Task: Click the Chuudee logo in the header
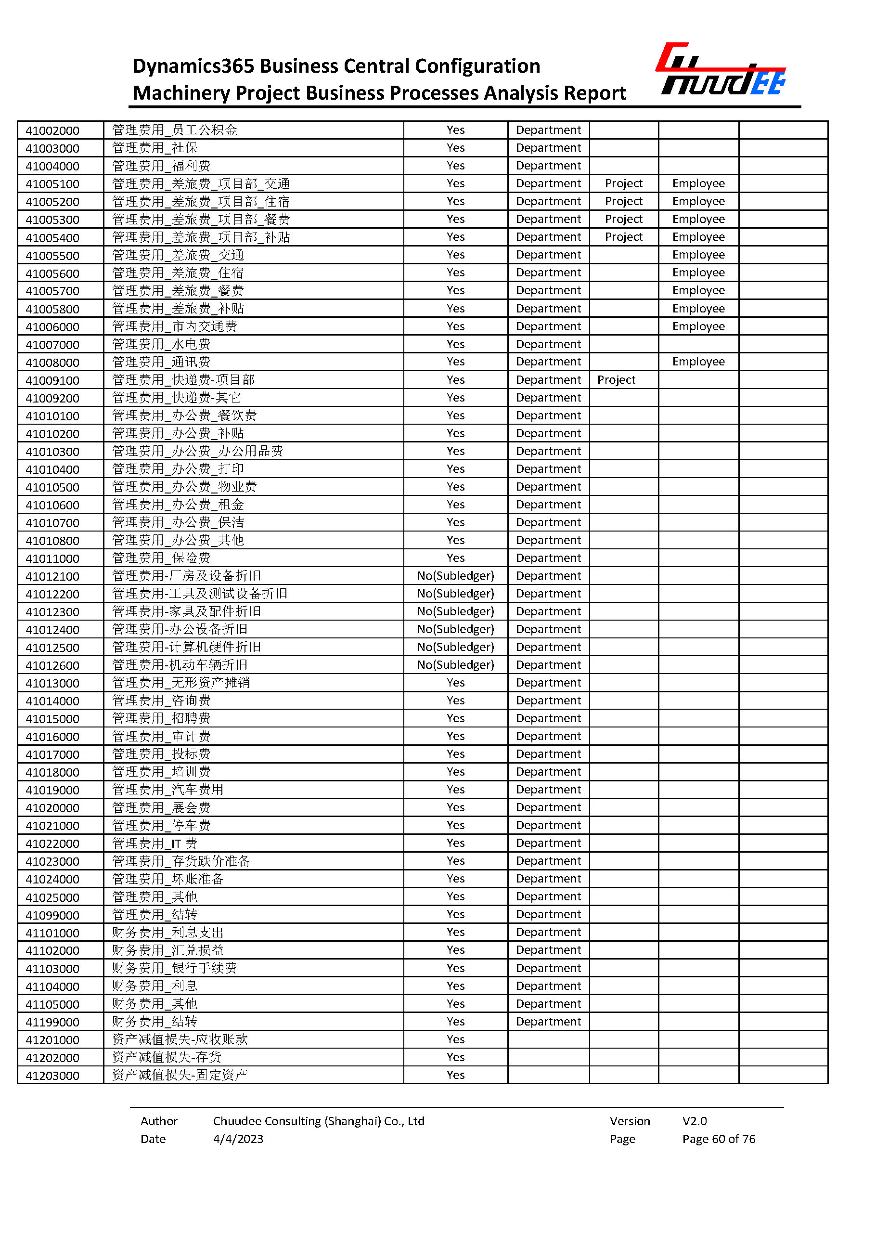point(720,70)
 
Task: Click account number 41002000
point(52,130)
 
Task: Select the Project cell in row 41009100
point(616,380)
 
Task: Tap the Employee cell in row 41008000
point(698,362)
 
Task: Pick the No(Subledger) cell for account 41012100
point(455,576)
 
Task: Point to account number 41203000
point(52,1076)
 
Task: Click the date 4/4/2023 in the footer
point(238,1139)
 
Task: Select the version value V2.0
point(694,1121)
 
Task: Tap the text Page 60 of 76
point(719,1139)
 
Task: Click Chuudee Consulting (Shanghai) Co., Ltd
point(318,1121)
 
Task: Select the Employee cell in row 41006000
point(698,326)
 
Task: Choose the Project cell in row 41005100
point(624,183)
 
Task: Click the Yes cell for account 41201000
point(455,1039)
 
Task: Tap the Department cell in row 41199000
point(548,1022)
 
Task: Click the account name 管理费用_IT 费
point(155,844)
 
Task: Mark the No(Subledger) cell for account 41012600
point(455,665)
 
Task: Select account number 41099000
point(52,915)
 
